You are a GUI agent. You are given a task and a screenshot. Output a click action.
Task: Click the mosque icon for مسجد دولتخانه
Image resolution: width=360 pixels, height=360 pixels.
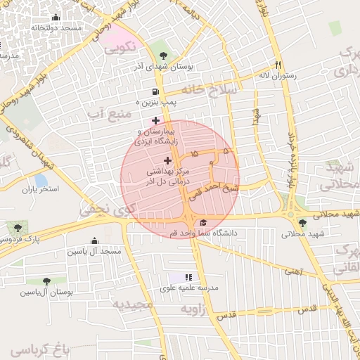click(x=56, y=18)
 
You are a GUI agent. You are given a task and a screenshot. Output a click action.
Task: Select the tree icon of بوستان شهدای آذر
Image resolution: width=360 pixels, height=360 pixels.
click(x=164, y=54)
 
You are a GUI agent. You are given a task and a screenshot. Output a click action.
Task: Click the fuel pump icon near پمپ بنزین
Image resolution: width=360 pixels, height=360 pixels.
click(x=155, y=91)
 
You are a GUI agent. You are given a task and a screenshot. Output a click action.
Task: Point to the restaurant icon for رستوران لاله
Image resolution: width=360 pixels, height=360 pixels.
click(x=279, y=63)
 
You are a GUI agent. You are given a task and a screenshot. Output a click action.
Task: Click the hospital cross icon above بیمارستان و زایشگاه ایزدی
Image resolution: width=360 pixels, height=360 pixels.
click(x=155, y=120)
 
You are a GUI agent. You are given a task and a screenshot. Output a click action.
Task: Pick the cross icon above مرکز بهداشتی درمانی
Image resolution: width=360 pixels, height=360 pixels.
click(x=167, y=161)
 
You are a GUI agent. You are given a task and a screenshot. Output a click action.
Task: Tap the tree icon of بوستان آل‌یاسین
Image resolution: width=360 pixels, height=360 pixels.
click(x=46, y=281)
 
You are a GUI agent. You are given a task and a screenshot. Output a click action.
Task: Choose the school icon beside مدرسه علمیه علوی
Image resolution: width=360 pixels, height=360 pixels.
click(x=188, y=278)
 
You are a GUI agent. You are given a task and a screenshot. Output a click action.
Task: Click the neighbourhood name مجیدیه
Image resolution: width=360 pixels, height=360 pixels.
click(x=132, y=304)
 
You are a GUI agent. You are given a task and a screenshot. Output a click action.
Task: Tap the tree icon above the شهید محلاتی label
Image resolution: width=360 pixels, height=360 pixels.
click(x=302, y=223)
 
